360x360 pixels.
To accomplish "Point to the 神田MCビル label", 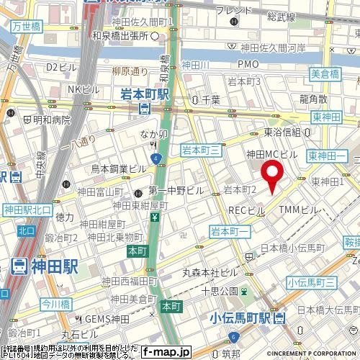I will point(271,154).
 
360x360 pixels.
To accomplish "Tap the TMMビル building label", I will point(298,210).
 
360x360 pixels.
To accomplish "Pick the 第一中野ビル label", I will point(176,192).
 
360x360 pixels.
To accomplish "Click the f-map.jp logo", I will point(166,352).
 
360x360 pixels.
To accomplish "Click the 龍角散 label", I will point(314,99).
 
